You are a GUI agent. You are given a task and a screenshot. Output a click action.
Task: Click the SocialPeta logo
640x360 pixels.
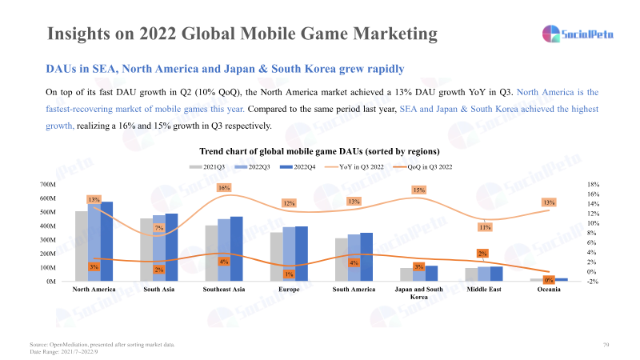[x=578, y=34]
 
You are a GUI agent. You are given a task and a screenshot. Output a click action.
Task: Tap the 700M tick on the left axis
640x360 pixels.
[x=49, y=184]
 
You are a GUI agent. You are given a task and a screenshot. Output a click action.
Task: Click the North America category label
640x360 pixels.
[x=94, y=290]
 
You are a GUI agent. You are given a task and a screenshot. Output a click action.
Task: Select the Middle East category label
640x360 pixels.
[x=484, y=290]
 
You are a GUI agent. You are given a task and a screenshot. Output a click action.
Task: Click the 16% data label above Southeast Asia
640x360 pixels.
[x=224, y=188]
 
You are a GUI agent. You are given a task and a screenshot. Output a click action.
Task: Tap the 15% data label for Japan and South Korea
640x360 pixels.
[x=418, y=190]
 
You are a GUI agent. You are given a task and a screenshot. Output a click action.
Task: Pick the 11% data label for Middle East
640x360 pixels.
[x=484, y=227]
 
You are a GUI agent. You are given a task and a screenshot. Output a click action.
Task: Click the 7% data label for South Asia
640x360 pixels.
[x=159, y=228]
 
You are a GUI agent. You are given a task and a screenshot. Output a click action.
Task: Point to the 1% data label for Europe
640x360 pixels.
[x=288, y=274]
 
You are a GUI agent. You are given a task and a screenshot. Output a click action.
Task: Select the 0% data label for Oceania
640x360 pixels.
[x=549, y=280]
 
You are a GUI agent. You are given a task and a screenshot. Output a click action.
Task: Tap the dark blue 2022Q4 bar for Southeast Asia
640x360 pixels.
[x=236, y=249]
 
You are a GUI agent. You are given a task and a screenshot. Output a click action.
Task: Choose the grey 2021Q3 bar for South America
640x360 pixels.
[x=342, y=259]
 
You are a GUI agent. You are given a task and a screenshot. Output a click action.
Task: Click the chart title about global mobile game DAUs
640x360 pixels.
[x=319, y=150]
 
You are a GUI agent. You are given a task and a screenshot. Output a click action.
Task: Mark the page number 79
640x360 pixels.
[x=606, y=344]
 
